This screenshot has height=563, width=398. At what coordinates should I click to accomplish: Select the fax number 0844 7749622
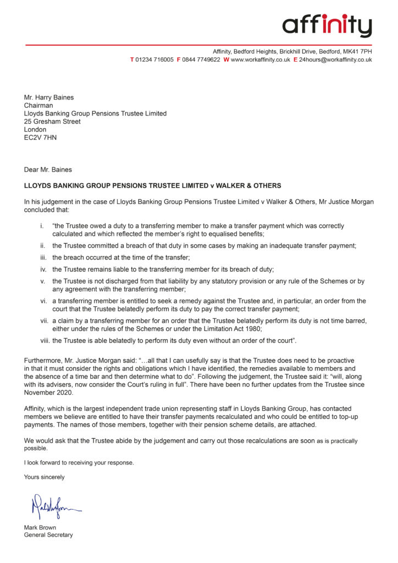point(201,59)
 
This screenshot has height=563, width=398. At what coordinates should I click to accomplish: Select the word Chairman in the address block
point(38,106)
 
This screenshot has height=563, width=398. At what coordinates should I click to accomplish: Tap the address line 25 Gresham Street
point(52,122)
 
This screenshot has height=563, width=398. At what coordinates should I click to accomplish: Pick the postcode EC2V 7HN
point(40,137)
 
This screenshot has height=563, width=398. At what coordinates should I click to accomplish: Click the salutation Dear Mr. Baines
point(48,169)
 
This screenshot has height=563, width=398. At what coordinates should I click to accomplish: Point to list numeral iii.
point(43,257)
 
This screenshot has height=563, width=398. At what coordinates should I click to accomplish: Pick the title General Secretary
point(48,535)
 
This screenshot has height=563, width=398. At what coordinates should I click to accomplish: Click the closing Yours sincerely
point(44,477)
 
